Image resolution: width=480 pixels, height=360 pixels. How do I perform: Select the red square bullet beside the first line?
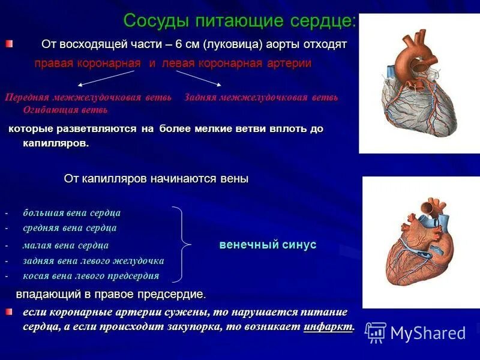point(8,44)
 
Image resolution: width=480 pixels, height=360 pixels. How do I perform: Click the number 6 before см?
point(179,45)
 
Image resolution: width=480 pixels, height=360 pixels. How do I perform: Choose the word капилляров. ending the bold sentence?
point(56,143)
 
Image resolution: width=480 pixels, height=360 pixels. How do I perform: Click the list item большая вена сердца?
point(72,213)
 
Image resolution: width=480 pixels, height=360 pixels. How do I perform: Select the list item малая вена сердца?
point(65,245)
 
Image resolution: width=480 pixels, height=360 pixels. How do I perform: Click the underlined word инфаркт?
point(329,327)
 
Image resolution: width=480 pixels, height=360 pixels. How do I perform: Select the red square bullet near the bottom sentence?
point(8,312)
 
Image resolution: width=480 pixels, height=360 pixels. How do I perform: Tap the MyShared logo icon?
point(376,332)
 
